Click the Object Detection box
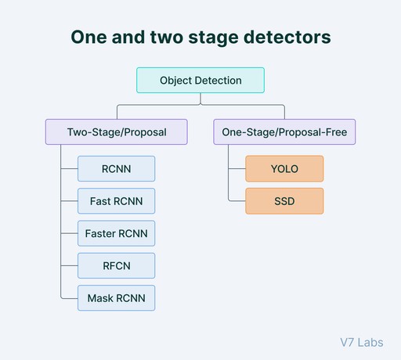tap(200, 81)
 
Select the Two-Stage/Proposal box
tap(116, 132)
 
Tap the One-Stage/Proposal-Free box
tap(284, 132)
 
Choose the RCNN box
tap(116, 169)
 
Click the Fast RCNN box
tap(116, 201)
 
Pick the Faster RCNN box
tap(116, 233)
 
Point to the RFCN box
tap(116, 266)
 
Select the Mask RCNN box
tap(116, 298)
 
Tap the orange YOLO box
tap(284, 169)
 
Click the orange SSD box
tap(284, 201)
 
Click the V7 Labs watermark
tap(363, 342)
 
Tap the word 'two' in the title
tap(168, 38)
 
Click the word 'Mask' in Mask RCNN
tap(99, 298)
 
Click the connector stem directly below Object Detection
tap(200, 99)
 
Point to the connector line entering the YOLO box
tap(237, 169)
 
